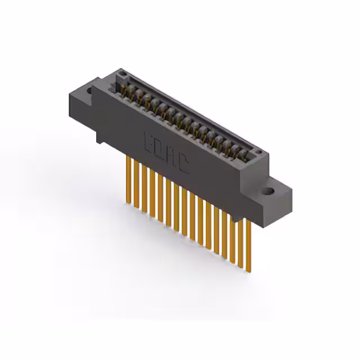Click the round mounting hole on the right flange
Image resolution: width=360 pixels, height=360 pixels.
pos(269,191)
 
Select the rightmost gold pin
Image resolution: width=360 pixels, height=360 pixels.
pos(248,242)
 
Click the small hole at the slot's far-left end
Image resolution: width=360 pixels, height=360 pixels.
pos(119,75)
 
